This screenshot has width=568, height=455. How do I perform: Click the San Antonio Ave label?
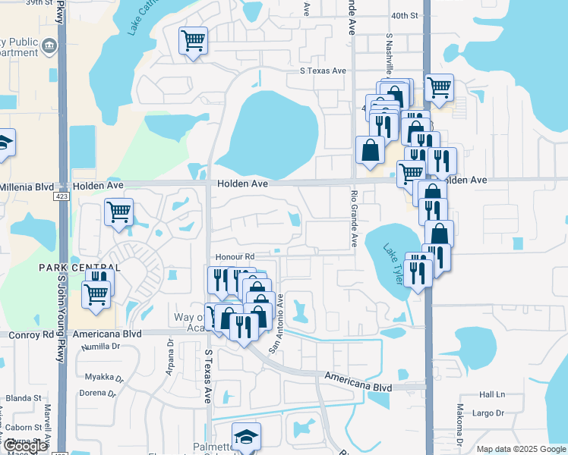(x=279, y=315)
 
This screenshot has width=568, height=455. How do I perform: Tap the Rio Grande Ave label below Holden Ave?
(x=354, y=218)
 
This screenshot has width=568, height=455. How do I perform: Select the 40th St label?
(x=405, y=15)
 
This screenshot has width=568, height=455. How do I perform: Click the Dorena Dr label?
(x=100, y=394)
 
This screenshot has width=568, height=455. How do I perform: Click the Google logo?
(x=26, y=446)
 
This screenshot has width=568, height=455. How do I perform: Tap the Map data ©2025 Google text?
(x=520, y=449)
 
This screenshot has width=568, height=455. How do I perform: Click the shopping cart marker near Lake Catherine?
(x=193, y=39)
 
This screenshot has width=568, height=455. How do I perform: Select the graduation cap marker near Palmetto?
(x=245, y=436)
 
